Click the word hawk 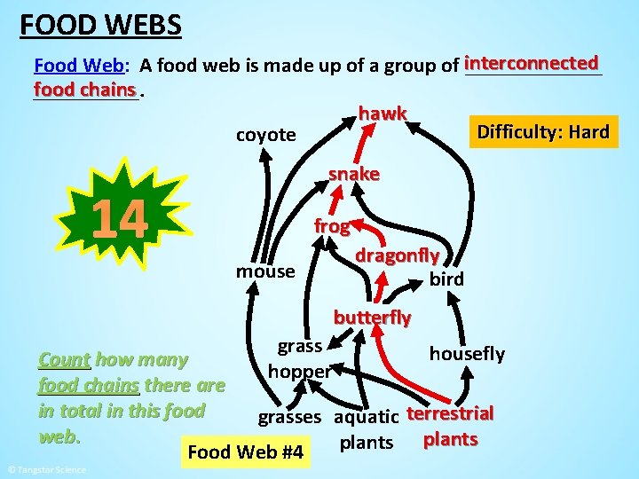383,114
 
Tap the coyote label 265,135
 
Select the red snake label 353,174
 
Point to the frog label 332,226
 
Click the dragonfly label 397,255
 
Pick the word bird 446,279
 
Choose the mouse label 265,271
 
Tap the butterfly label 372,317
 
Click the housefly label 467,354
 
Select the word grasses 289,417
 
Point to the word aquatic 366,417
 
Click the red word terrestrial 450,414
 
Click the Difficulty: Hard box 542,133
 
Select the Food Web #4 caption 245,453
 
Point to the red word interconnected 532,63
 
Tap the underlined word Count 64,360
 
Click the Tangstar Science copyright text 46,469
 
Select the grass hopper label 299,358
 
